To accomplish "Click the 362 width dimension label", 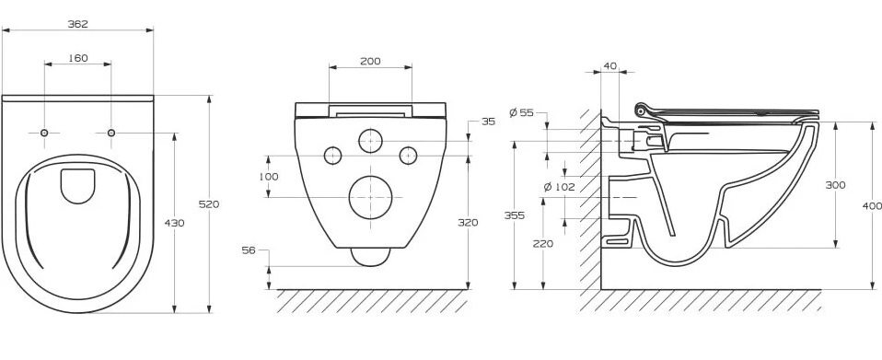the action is pos(77,24).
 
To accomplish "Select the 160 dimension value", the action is pos(77,58).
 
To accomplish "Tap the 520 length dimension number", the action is pos(209,204).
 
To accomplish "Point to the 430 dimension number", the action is pos(174,223).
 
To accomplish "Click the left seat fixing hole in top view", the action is pos(44,133).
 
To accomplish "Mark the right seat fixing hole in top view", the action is pos(110,133).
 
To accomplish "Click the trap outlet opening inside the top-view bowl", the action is pos(77,186).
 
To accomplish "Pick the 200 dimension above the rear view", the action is pos(370,62).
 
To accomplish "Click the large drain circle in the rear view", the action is pos(370,197).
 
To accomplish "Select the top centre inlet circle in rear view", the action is pos(370,140).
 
